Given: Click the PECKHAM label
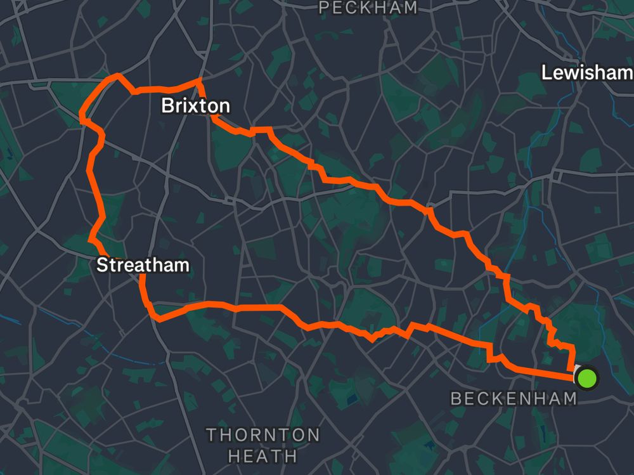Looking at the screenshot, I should pyautogui.click(x=368, y=8).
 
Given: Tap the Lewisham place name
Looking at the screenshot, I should pyautogui.click(x=586, y=73).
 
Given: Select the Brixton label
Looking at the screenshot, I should pyautogui.click(x=195, y=105).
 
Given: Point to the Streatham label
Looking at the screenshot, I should pyautogui.click(x=143, y=264).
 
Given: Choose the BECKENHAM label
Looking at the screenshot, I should pyautogui.click(x=514, y=398).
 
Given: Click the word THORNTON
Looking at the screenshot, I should pyautogui.click(x=263, y=435).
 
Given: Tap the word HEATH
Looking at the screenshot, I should pyautogui.click(x=262, y=455).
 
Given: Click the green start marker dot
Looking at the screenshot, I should pyautogui.click(x=588, y=379).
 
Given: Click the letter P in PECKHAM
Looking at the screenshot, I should pyautogui.click(x=325, y=8).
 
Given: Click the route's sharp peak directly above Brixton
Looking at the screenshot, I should pyautogui.click(x=199, y=80).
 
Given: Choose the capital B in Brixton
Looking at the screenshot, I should pyautogui.click(x=168, y=105).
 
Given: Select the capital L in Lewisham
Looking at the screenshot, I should pyautogui.click(x=546, y=73).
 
